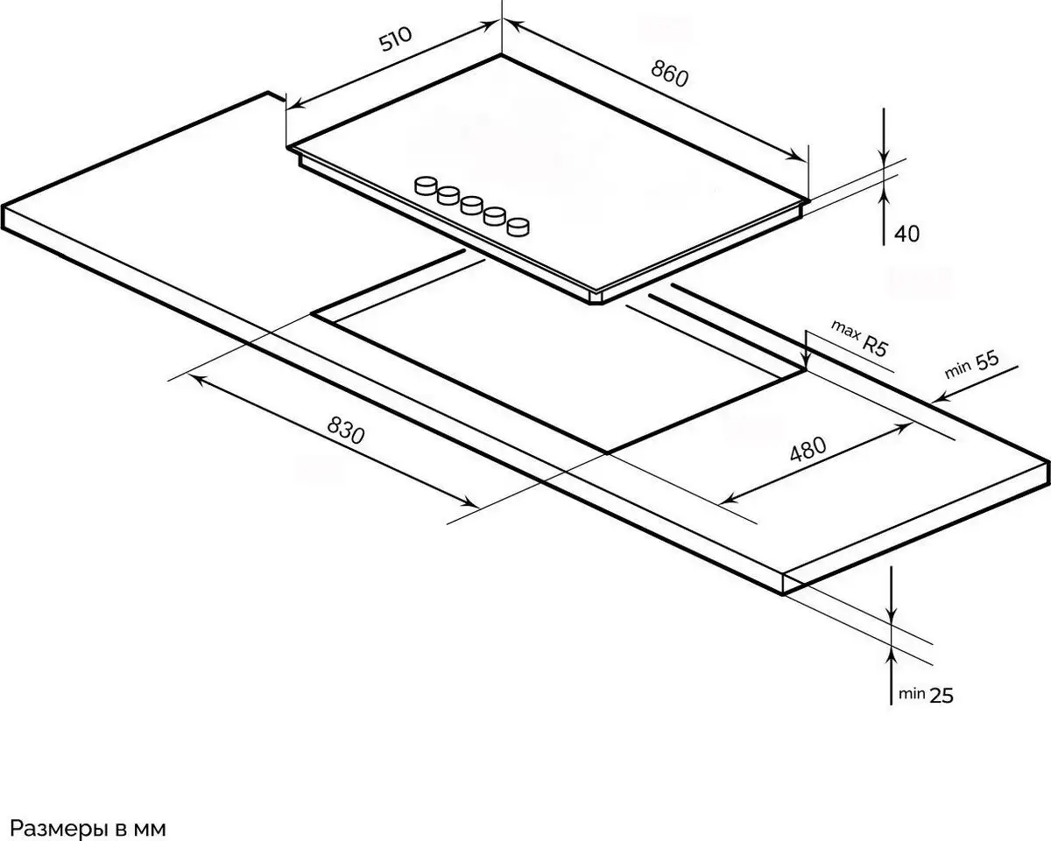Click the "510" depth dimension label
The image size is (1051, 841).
(x=396, y=39)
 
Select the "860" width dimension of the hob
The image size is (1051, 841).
(x=669, y=74)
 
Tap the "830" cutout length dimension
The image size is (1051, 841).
(x=346, y=430)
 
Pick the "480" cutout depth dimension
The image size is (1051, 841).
(x=808, y=449)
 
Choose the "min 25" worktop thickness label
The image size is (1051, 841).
(x=926, y=695)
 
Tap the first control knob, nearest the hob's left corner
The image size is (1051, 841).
(x=426, y=186)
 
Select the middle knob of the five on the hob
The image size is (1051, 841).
(x=472, y=206)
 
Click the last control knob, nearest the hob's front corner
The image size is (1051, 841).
(x=518, y=227)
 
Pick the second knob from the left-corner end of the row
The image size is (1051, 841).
(x=448, y=196)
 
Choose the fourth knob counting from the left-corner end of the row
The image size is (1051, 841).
(x=495, y=216)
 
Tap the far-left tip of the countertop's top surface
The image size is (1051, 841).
(x=3, y=205)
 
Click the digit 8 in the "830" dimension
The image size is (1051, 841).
(x=333, y=424)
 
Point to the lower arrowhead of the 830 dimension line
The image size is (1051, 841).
(x=469, y=502)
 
